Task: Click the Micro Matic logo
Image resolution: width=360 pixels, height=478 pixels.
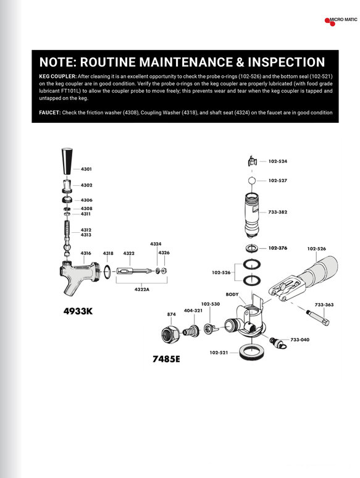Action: [x=341, y=21]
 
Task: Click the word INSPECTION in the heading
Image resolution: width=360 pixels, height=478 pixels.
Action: [x=287, y=62]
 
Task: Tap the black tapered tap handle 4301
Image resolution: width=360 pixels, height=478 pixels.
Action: [x=67, y=162]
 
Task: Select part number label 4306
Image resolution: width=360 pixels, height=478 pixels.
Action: [x=86, y=200]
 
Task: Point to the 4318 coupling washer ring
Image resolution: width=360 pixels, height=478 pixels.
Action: [x=107, y=272]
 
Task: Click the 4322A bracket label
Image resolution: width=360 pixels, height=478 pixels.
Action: [x=142, y=289]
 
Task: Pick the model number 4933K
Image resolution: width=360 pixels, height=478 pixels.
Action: [x=78, y=311]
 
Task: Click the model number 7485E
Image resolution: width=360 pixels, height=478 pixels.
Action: [x=166, y=359]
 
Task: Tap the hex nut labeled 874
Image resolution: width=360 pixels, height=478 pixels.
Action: [x=170, y=334]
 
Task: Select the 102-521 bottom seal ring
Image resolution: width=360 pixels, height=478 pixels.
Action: [x=251, y=352]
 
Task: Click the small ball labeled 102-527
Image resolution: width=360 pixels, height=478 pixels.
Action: [x=252, y=180]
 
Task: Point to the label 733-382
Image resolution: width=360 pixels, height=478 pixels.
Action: [x=277, y=212]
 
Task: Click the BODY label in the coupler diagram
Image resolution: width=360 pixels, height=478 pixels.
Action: [x=232, y=295]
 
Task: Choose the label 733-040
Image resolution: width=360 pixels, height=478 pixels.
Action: [x=299, y=340]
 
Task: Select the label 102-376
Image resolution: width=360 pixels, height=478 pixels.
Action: [x=278, y=248]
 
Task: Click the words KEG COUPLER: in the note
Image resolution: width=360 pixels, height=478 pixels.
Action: [x=57, y=76]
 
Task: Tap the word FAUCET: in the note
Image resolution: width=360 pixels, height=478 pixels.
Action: [x=50, y=112]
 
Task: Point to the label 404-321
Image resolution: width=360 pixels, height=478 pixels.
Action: [x=193, y=311]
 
